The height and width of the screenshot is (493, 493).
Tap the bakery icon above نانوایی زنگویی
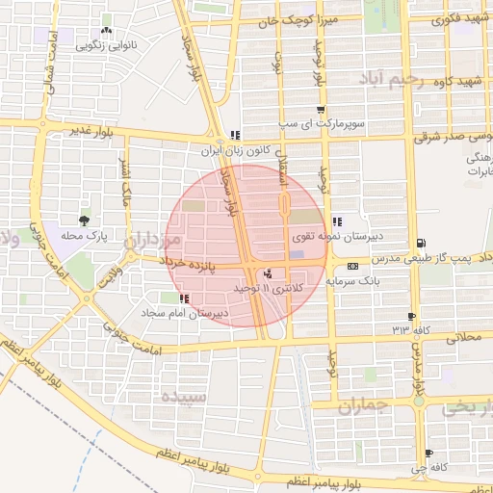click(106, 18)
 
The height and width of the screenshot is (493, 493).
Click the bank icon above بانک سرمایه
click(352, 265)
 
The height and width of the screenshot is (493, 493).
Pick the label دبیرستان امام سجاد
click(218, 313)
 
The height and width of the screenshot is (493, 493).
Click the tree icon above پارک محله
click(88, 221)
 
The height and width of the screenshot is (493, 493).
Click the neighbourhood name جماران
click(362, 407)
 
